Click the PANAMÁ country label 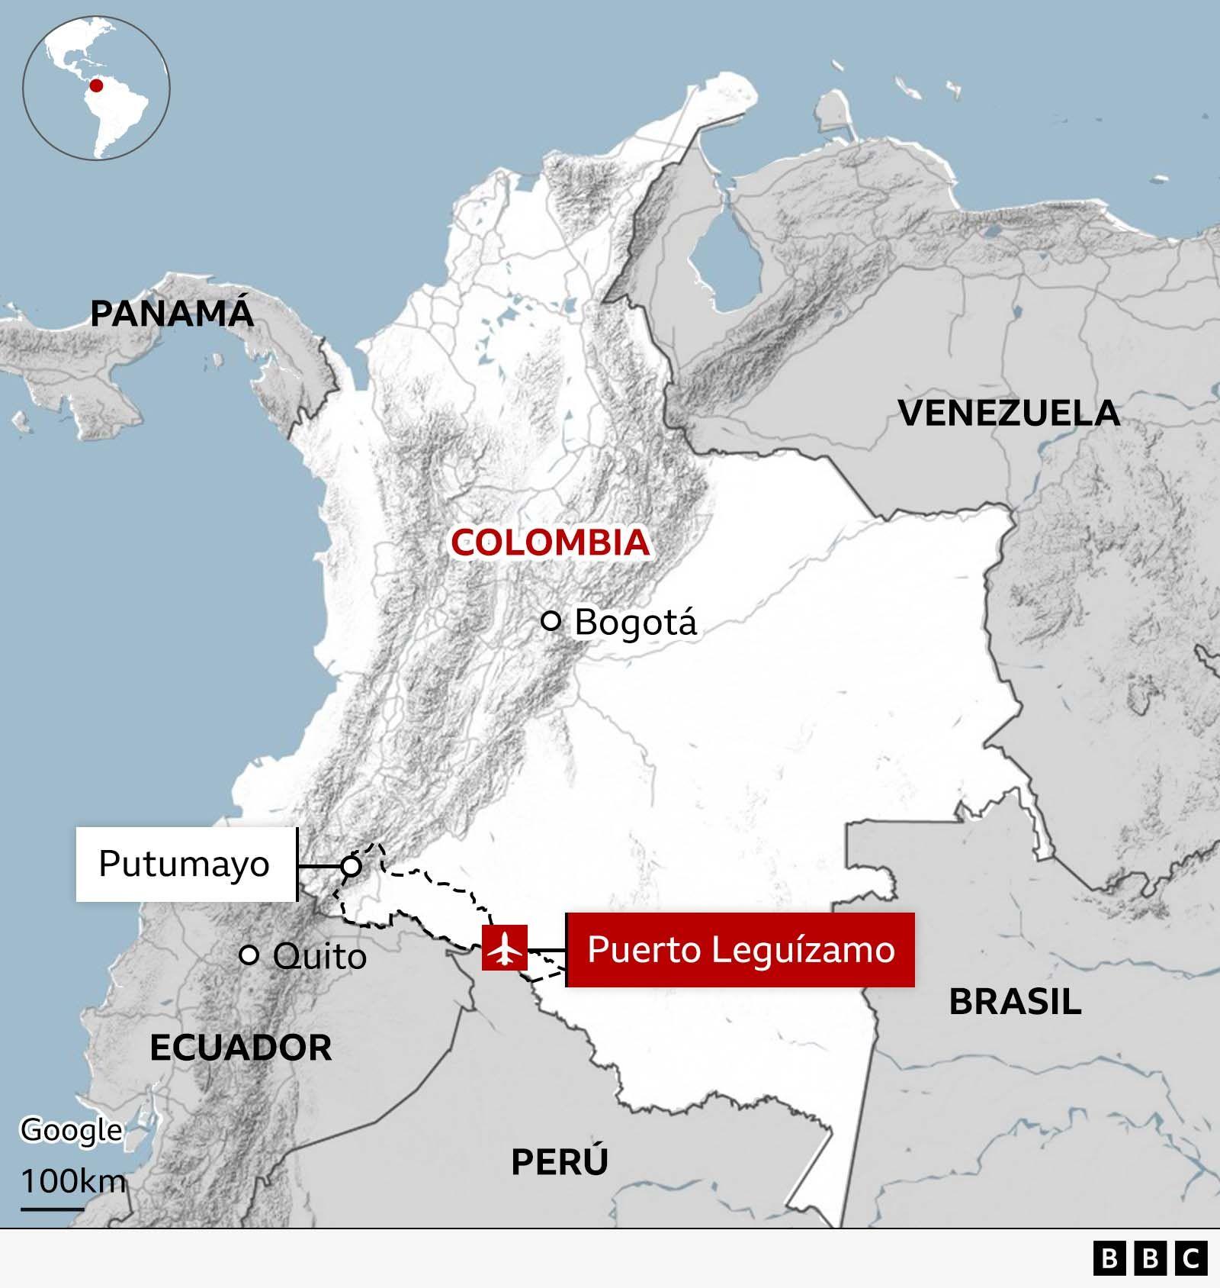click(172, 314)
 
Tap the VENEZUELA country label click(1009, 413)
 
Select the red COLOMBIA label click(550, 543)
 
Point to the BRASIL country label click(1015, 1001)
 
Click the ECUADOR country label click(241, 1048)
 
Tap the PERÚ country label click(560, 1162)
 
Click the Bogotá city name click(635, 622)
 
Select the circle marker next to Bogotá click(551, 620)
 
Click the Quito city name click(319, 956)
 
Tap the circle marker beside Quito click(249, 955)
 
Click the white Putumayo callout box click(185, 865)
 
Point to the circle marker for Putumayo click(351, 866)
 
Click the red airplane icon click(504, 948)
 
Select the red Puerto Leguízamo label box click(740, 950)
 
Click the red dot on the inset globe click(96, 85)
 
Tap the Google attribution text click(71, 1130)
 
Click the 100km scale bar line click(52, 1209)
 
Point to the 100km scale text click(72, 1181)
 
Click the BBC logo click(1150, 1258)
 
